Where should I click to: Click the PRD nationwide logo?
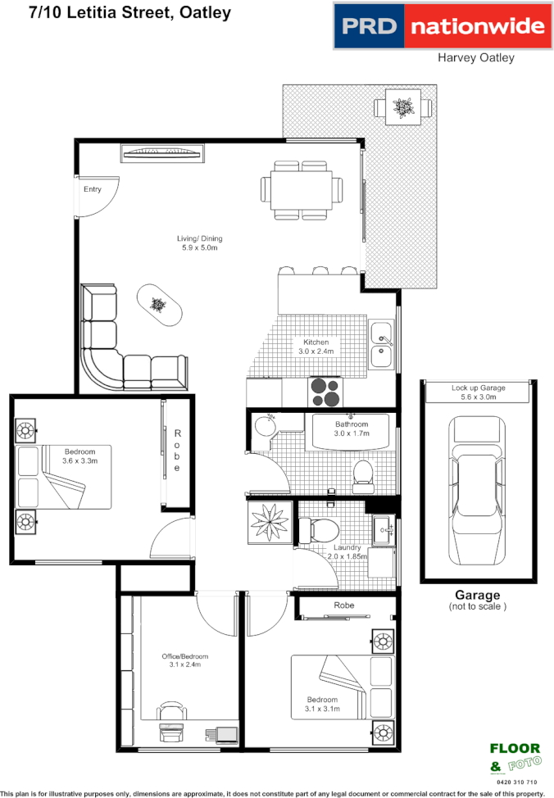click(442, 26)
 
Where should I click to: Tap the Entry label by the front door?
click(92, 189)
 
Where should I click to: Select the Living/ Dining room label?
click(200, 243)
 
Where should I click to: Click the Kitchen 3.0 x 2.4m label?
click(316, 347)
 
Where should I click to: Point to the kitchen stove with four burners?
click(325, 391)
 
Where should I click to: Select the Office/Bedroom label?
click(184, 660)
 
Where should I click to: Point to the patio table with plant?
click(402, 107)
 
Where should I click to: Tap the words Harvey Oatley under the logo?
click(475, 57)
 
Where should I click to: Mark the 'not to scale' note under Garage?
click(478, 607)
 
